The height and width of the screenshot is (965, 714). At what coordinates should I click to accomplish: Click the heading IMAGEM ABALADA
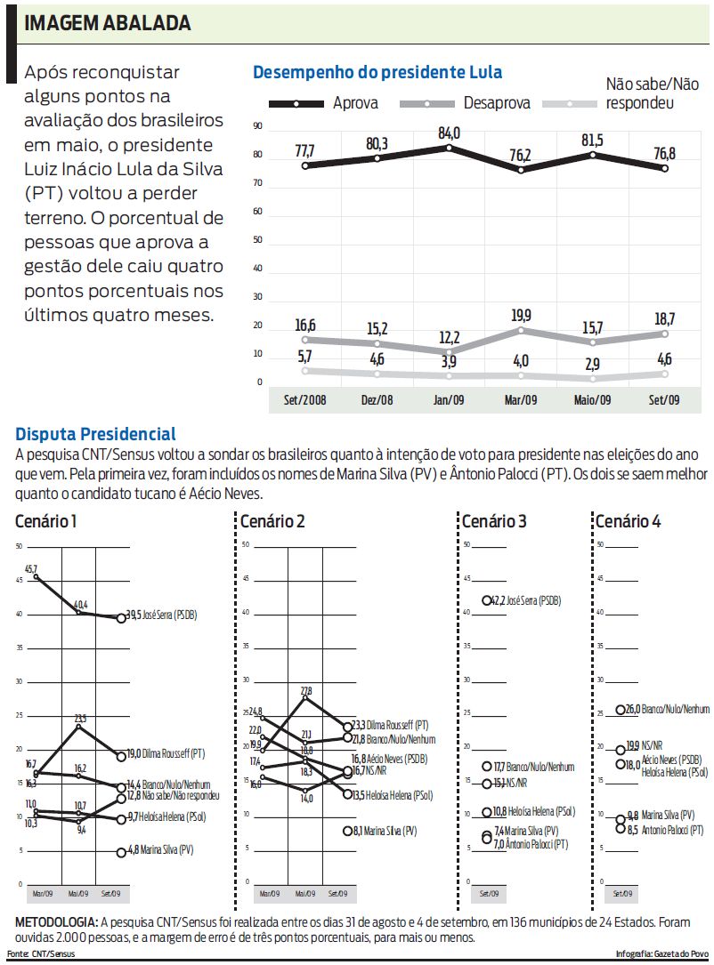108,23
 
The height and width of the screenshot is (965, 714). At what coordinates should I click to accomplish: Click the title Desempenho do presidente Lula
377,72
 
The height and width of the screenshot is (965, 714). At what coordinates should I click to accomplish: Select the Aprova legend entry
355,103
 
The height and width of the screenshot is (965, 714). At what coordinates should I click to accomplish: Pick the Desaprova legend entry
497,103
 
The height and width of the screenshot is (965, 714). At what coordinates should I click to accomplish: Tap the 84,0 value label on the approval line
449,133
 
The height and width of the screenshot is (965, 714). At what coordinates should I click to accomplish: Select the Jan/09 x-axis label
449,400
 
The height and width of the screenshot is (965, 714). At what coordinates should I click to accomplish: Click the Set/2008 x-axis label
304,400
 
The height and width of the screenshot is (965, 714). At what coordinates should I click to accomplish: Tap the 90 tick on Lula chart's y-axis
257,127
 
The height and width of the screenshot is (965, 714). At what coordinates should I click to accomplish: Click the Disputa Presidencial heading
96,435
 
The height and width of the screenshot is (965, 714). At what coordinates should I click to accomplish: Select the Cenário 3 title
494,521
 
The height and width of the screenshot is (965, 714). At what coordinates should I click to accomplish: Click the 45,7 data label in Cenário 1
31,568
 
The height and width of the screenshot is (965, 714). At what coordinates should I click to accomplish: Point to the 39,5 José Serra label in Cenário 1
168,615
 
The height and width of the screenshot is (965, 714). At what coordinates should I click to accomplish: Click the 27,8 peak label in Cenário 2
306,690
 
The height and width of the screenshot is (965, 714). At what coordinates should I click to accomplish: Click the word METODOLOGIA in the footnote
57,921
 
